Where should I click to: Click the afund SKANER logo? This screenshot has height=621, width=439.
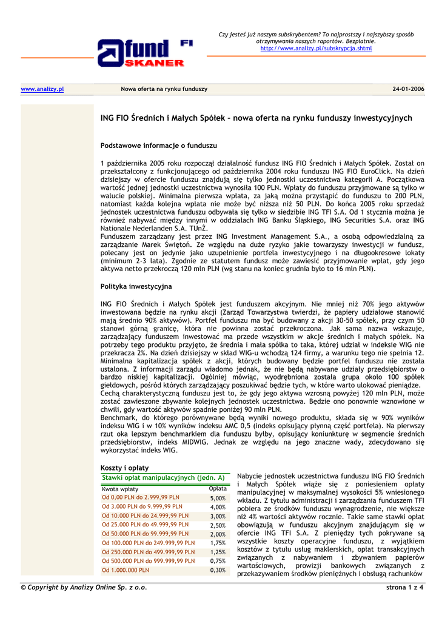click(141, 53)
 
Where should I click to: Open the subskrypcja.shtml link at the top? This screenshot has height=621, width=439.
click(316, 48)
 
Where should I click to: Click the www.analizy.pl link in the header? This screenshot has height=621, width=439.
click(42, 89)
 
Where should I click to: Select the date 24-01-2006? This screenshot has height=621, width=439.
click(408, 89)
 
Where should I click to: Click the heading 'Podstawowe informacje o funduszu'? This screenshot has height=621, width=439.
click(158, 146)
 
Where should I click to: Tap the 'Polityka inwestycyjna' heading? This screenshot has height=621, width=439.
click(136, 286)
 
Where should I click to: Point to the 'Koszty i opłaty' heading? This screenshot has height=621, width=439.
click(124, 468)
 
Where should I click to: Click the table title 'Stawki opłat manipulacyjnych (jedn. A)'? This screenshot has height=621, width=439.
click(163, 478)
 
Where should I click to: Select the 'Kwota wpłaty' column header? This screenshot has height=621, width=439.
click(120, 489)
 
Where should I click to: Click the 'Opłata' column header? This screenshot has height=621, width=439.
click(218, 488)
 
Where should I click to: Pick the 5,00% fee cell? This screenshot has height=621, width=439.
click(218, 498)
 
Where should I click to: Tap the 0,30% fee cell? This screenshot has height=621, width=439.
click(218, 570)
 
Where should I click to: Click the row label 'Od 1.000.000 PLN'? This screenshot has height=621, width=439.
click(126, 570)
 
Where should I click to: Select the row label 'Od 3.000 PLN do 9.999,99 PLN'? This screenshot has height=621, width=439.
click(142, 506)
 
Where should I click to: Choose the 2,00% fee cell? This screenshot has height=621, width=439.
click(218, 534)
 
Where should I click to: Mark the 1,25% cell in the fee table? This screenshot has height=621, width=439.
click(218, 552)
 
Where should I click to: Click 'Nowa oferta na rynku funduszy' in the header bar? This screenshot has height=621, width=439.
click(164, 89)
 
